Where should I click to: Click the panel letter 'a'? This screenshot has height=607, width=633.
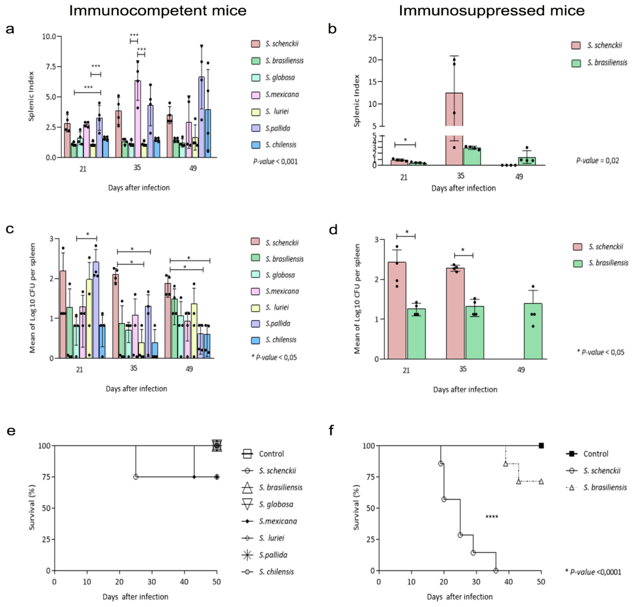pos(10,29)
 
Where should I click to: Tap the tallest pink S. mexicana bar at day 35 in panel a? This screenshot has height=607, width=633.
pos(137,119)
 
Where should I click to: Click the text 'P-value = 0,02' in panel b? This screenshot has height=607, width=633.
pos(597,161)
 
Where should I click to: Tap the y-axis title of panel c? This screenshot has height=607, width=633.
pos(32,298)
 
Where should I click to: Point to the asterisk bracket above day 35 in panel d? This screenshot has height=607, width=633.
pos(463,255)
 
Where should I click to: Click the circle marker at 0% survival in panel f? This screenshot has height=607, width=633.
pos(496,571)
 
